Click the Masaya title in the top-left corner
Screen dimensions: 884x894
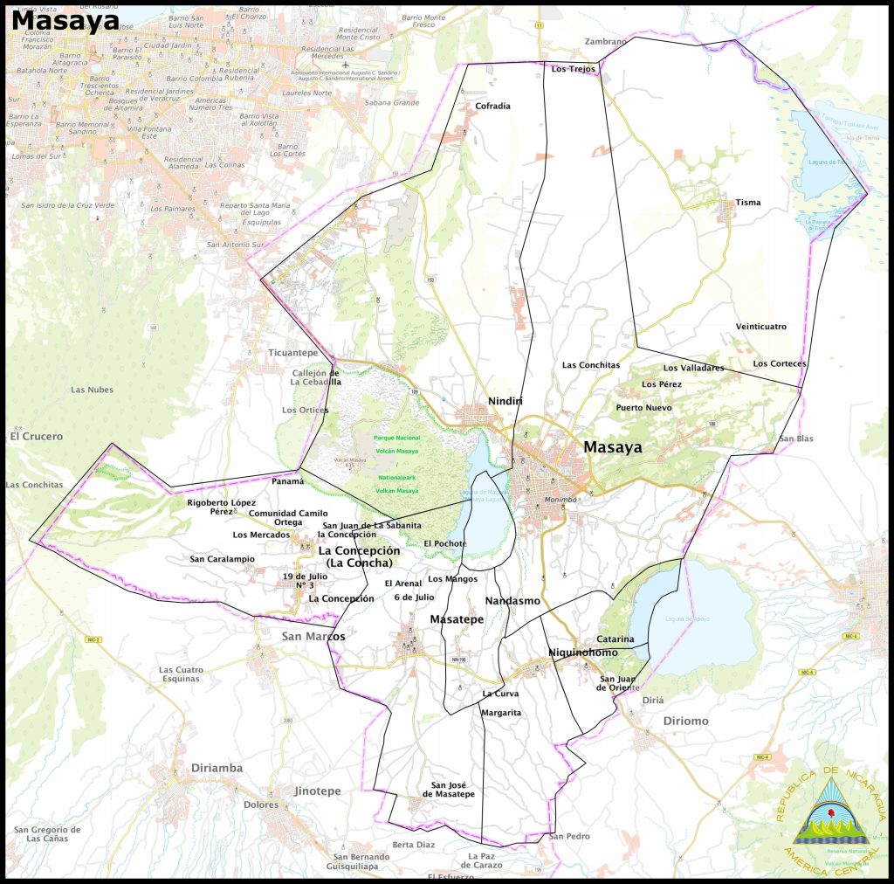pyautogui.click(x=65, y=20)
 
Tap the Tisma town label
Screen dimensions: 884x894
pyautogui.click(x=748, y=203)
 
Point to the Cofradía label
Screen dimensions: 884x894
pyautogui.click(x=492, y=107)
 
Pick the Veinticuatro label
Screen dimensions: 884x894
pyautogui.click(x=760, y=327)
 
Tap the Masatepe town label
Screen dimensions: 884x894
pyautogui.click(x=457, y=619)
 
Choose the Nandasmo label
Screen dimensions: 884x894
pyautogui.click(x=512, y=601)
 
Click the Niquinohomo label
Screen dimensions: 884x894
pyautogui.click(x=583, y=653)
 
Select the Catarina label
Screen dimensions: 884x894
pyautogui.click(x=615, y=639)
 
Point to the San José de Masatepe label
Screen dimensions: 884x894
pyautogui.click(x=449, y=789)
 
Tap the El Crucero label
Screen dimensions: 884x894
pyautogui.click(x=37, y=436)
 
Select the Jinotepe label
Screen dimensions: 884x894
pyautogui.click(x=317, y=791)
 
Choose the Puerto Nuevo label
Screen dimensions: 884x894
pyautogui.click(x=643, y=408)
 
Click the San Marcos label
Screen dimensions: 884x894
pyautogui.click(x=313, y=637)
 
